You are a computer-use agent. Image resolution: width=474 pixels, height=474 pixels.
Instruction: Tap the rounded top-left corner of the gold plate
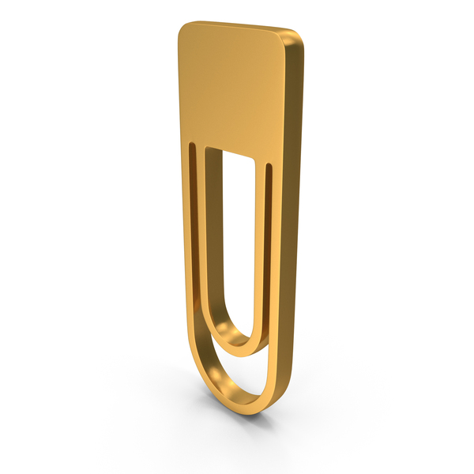pyautogui.click(x=184, y=30)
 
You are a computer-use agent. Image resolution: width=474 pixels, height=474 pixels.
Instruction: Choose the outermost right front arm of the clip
pyautogui.click(x=276, y=261)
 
